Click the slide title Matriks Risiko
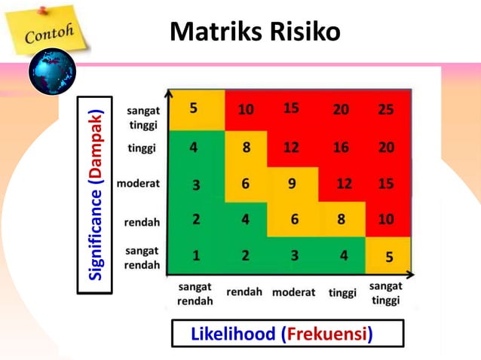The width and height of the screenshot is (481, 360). tap(255, 32)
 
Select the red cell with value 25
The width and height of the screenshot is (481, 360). tap(386, 110)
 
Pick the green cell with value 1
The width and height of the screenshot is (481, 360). tap(195, 255)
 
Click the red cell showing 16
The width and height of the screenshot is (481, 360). tap(341, 148)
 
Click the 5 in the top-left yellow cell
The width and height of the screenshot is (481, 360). tap(194, 108)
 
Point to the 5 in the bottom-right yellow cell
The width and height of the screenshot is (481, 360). tap(389, 257)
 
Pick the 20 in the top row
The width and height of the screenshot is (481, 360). tap(341, 110)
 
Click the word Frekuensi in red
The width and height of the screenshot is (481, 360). tap(327, 334)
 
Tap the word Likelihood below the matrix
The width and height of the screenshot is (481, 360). tap(234, 334)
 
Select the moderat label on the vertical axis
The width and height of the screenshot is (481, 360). tap(138, 183)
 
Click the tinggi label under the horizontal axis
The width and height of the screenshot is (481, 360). tap(342, 292)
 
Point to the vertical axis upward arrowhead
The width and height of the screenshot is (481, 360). tap(169, 93)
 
